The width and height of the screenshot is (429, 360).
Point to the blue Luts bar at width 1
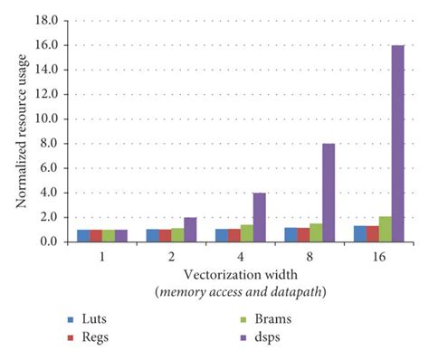[83, 236]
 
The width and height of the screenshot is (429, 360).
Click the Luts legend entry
[91, 319]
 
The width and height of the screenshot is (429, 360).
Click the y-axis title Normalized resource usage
[18, 130]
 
